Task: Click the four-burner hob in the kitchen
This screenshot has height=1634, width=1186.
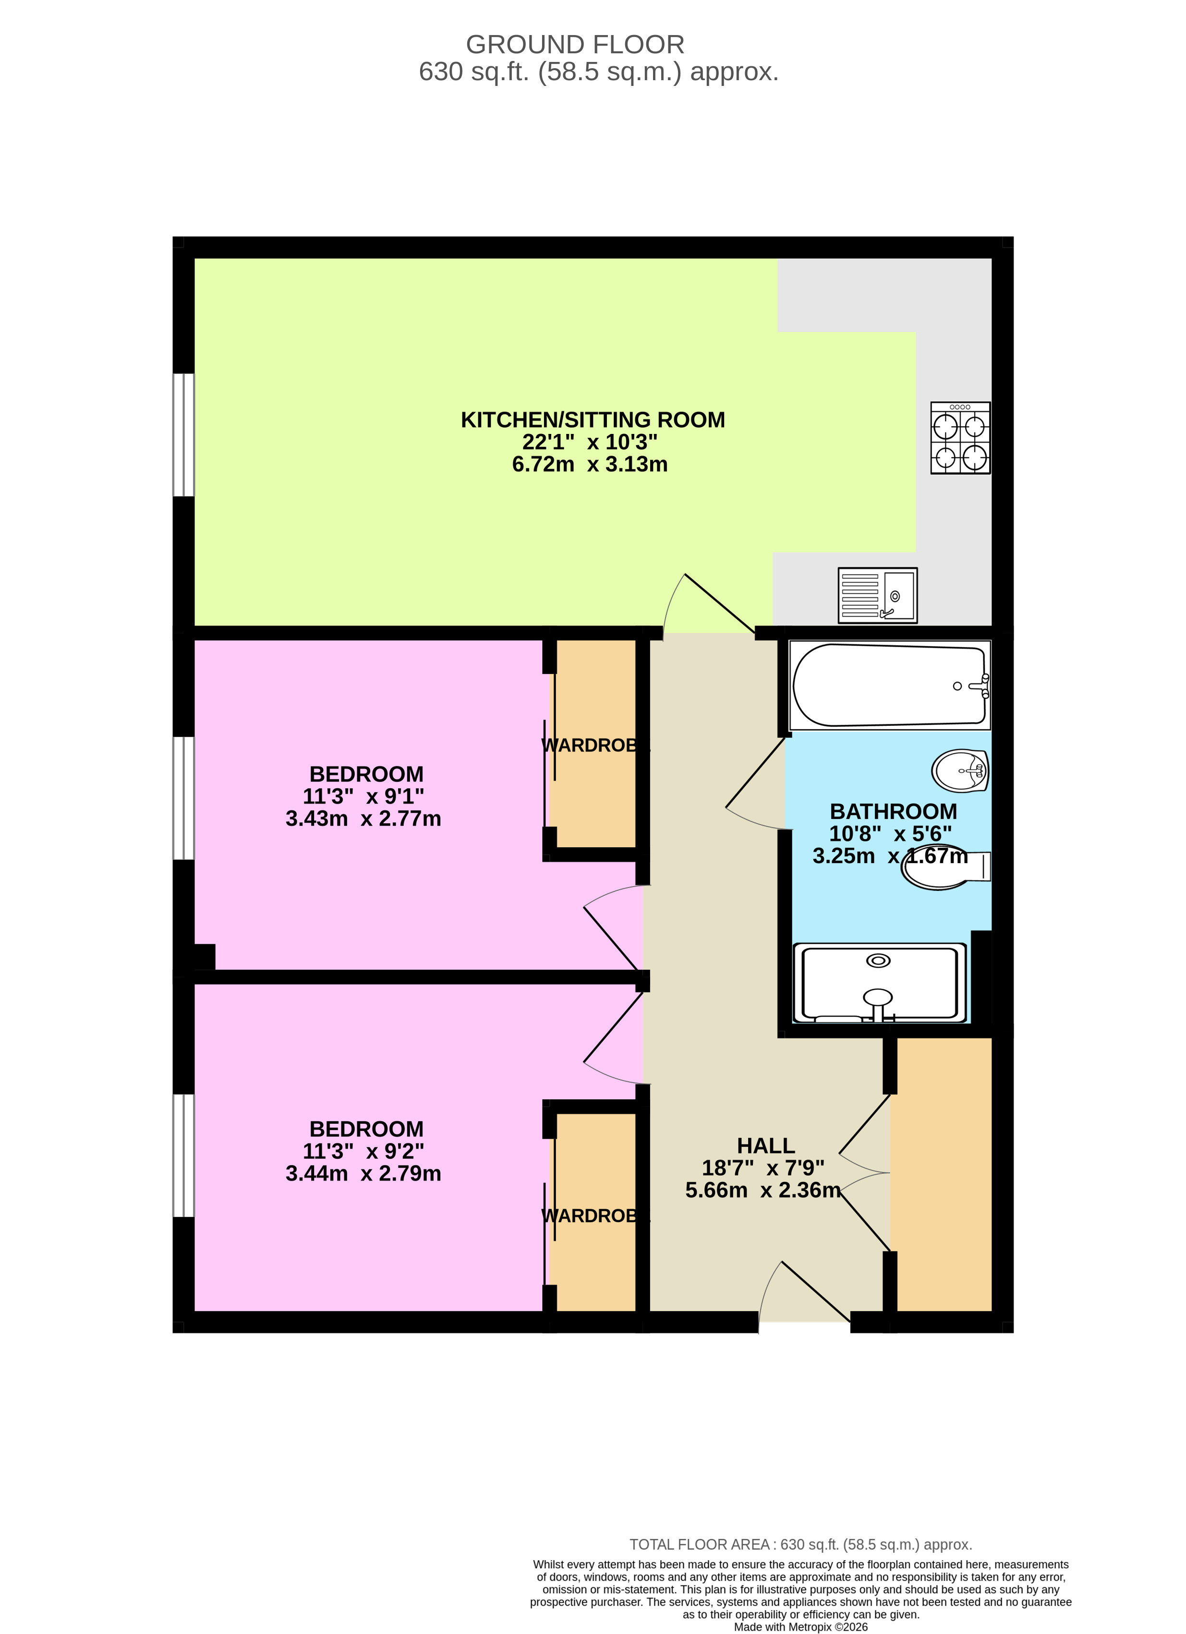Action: point(960,438)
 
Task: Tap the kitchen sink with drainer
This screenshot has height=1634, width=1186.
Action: point(877,595)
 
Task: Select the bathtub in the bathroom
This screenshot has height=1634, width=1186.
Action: point(889,685)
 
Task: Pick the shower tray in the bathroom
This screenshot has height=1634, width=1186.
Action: point(879,983)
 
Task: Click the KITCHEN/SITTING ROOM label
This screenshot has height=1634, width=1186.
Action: point(592,420)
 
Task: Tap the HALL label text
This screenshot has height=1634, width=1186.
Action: point(765,1145)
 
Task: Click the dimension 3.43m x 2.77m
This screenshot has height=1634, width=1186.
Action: point(363,818)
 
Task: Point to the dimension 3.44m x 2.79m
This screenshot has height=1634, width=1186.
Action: point(363,1174)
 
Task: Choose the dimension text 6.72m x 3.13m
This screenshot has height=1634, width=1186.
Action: point(589,465)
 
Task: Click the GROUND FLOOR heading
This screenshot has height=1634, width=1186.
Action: point(574,45)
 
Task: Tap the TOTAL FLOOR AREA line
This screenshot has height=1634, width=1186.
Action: point(800,1545)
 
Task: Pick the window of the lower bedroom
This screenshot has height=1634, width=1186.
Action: point(184,1155)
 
